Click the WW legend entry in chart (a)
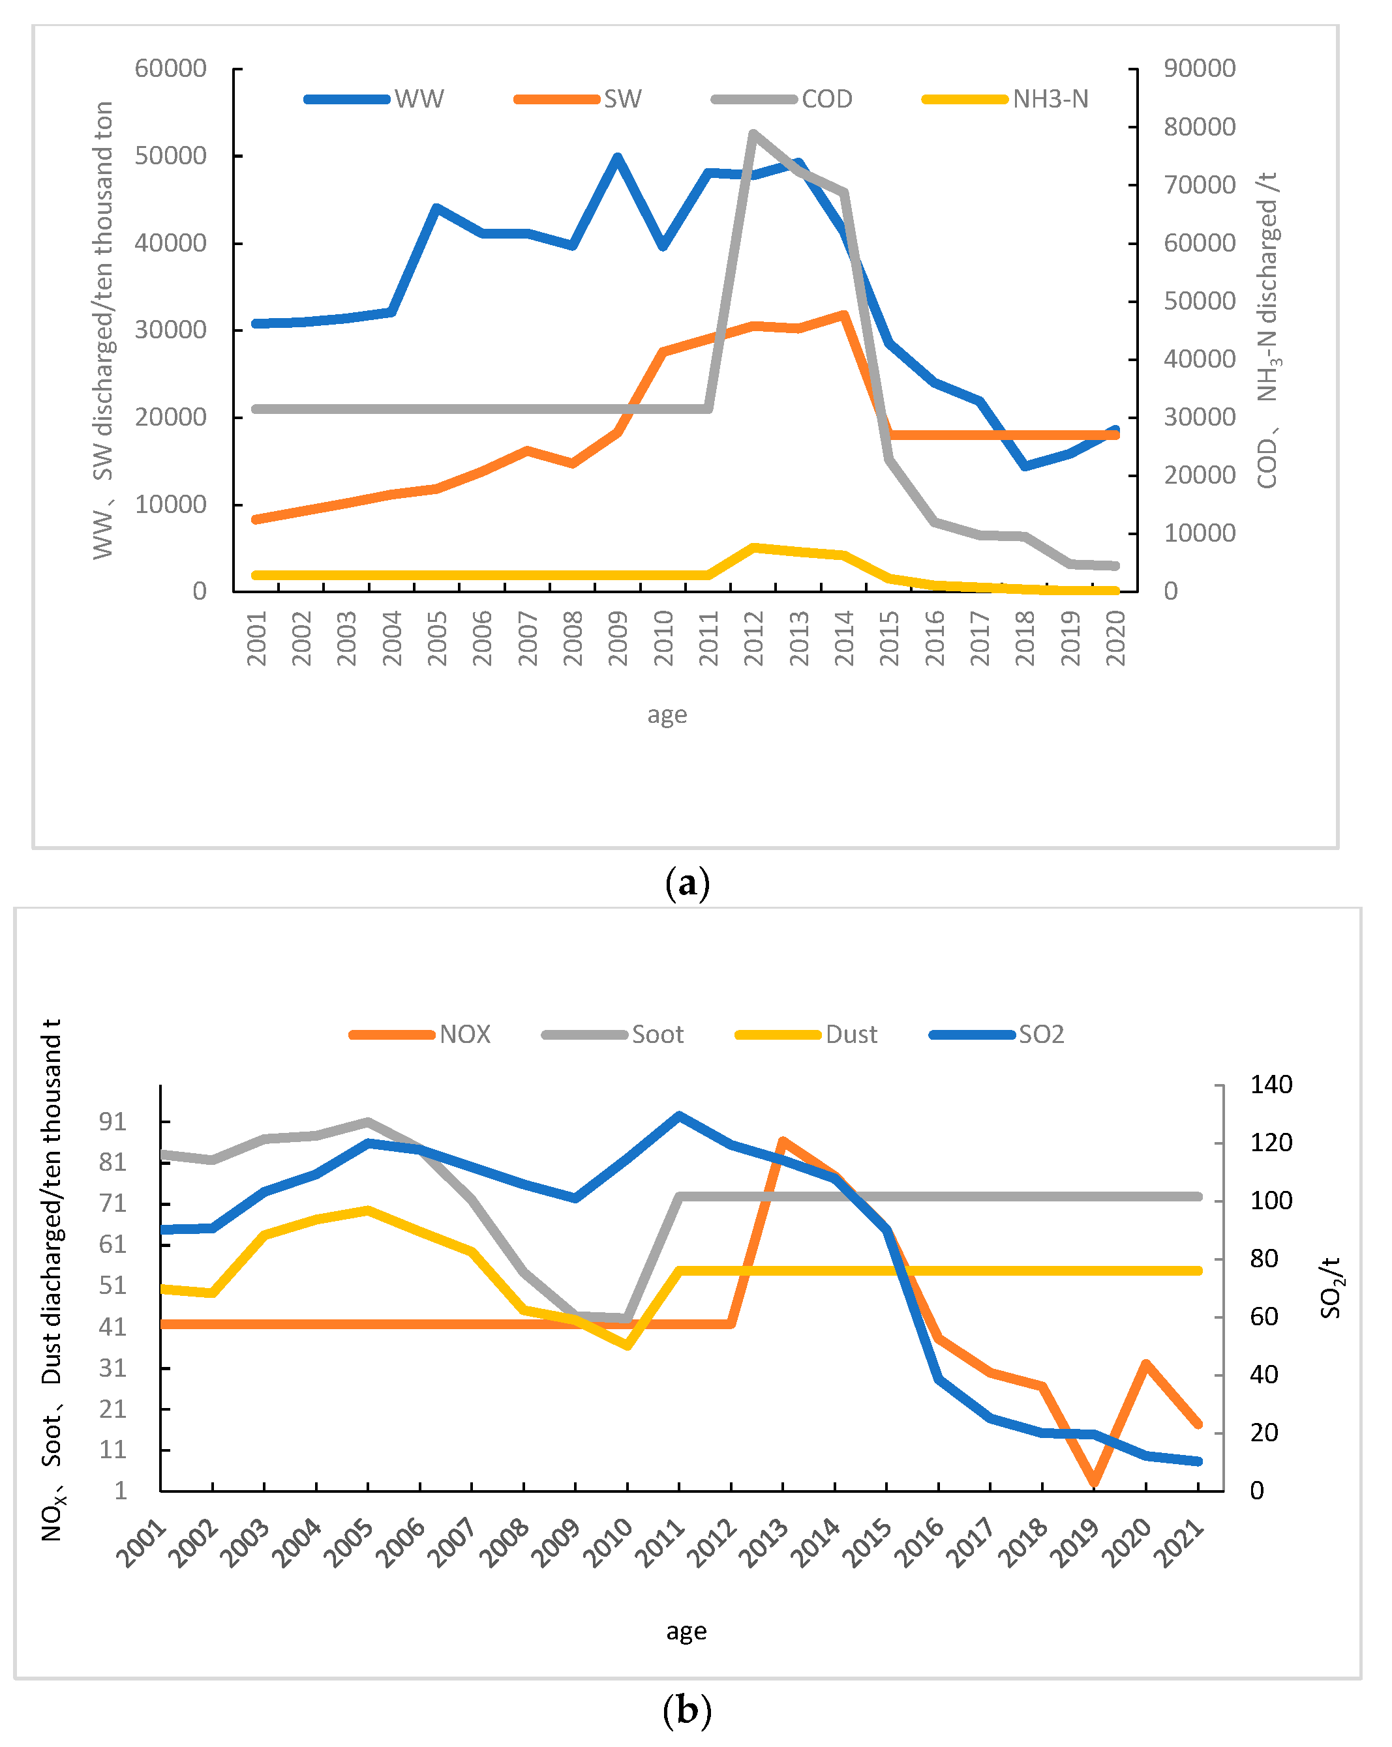click(x=417, y=99)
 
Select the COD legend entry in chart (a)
click(x=826, y=99)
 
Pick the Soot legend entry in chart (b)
click(x=657, y=1035)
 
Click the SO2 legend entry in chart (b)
click(x=1040, y=1035)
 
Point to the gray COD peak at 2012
click(x=753, y=134)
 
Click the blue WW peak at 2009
click(x=617, y=157)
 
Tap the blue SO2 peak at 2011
click(x=680, y=1116)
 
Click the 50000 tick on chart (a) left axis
click(x=171, y=156)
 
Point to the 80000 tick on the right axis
click(x=1200, y=126)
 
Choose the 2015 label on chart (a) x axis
click(x=889, y=639)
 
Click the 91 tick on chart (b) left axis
click(x=113, y=1121)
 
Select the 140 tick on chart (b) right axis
click(x=1271, y=1084)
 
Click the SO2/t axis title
click(x=1331, y=1288)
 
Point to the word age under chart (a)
click(x=667, y=714)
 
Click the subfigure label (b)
click(x=687, y=1710)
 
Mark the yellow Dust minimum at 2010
click(x=628, y=1346)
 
